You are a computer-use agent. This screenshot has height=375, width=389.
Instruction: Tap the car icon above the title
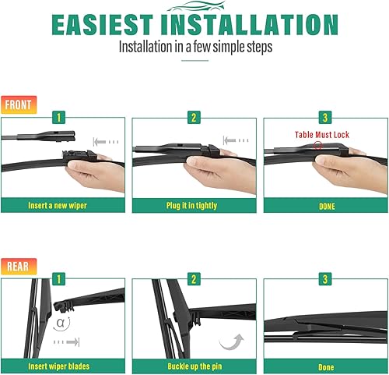(194, 5)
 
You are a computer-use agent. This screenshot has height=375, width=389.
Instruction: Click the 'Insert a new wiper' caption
(57, 206)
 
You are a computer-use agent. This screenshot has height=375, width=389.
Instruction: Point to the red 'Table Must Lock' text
(322, 135)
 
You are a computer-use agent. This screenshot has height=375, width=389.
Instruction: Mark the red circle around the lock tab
(316, 145)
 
